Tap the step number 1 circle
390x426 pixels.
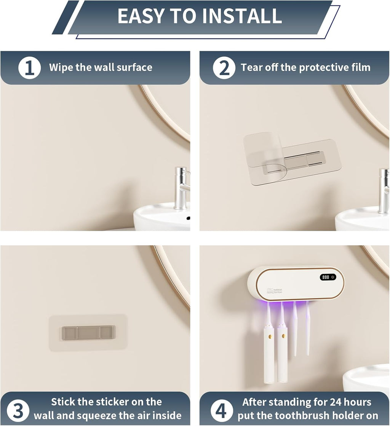29,68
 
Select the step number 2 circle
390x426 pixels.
224,68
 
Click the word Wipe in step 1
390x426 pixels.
61,68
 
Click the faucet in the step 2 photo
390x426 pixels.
383,190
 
